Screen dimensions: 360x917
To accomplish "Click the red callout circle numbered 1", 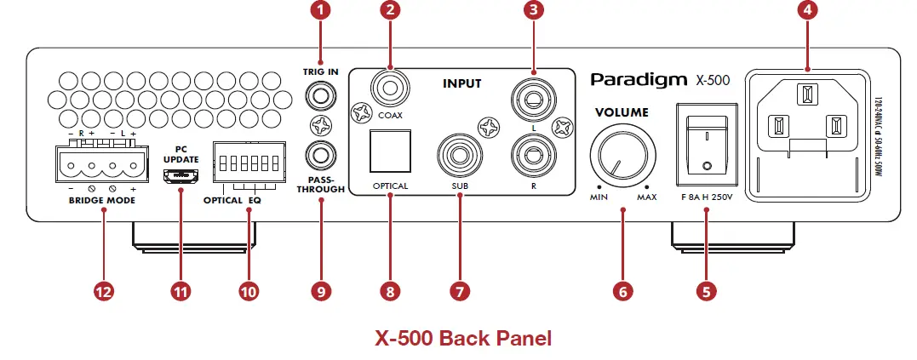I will click(x=321, y=11).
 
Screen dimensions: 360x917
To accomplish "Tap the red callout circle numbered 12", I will click(x=104, y=291).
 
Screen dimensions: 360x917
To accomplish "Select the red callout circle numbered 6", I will click(x=622, y=291).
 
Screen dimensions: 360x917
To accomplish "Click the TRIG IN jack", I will click(x=321, y=97).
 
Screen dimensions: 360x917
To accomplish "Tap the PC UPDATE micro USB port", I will click(x=181, y=176).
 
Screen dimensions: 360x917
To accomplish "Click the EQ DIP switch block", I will click(x=249, y=162).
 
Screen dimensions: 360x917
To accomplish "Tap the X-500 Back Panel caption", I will click(x=463, y=337).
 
